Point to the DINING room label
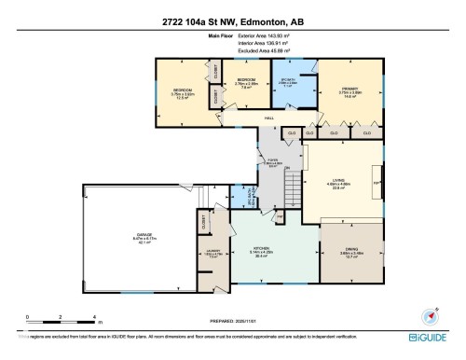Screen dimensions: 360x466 click(x=350, y=250)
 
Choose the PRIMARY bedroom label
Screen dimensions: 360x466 click(x=350, y=91)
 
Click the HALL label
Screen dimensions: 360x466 click(x=269, y=118)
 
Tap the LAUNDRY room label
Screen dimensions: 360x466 click(x=212, y=252)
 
